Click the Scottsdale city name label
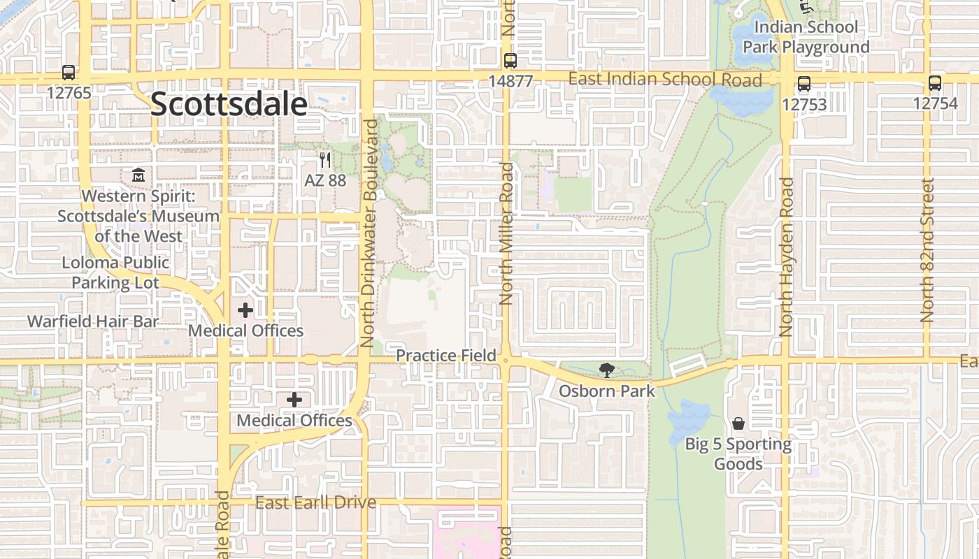pyautogui.click(x=229, y=105)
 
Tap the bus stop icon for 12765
pyautogui.click(x=69, y=72)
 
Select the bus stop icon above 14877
pyautogui.click(x=510, y=61)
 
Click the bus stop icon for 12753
pyautogui.click(x=804, y=85)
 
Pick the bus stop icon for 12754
pyautogui.click(x=935, y=83)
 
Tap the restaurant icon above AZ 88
pyautogui.click(x=324, y=161)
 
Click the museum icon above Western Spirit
pyautogui.click(x=138, y=175)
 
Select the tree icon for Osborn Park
pyautogui.click(x=606, y=370)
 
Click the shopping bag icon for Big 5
pyautogui.click(x=738, y=423)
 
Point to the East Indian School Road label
pyautogui.click(x=664, y=79)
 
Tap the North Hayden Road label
pyautogui.click(x=786, y=256)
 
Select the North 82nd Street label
pyautogui.click(x=928, y=250)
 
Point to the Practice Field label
pyautogui.click(x=446, y=355)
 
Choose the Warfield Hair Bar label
pyautogui.click(x=93, y=321)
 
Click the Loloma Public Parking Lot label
pyautogui.click(x=115, y=273)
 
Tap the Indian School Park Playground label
pyautogui.click(x=806, y=37)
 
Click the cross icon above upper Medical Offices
pyautogui.click(x=245, y=310)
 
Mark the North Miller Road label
pyautogui.click(x=507, y=233)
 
